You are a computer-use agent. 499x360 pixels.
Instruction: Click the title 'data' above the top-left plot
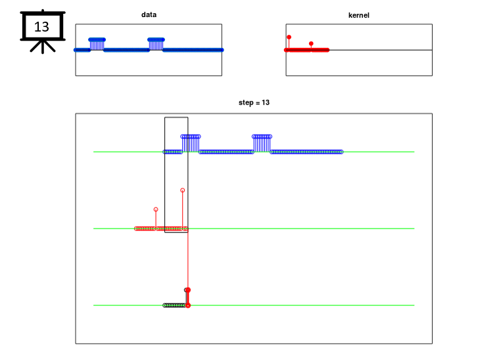point(149,14)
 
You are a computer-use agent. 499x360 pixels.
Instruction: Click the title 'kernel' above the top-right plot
point(359,15)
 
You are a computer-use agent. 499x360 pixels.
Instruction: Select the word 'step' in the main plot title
point(246,102)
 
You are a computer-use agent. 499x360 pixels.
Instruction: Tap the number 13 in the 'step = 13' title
point(266,102)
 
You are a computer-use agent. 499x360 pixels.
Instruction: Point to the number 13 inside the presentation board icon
point(41,27)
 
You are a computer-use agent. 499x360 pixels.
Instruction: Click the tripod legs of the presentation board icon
point(43,47)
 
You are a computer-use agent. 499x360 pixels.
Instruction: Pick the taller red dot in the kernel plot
point(289,37)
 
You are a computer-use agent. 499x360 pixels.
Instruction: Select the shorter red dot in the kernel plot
point(311,43)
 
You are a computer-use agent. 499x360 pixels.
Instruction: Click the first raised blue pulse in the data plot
point(97,44)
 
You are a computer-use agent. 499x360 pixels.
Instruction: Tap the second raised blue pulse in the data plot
point(156,44)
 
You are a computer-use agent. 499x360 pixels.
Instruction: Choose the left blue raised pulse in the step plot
point(191,143)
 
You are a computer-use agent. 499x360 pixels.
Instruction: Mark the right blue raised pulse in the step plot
point(262,143)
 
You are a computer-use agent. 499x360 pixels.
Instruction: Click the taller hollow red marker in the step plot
point(182,190)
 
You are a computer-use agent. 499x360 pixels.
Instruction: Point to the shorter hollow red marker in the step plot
point(156,210)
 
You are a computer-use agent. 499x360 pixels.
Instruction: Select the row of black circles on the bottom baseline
point(174,305)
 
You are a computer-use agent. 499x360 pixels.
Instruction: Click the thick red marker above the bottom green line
point(188,298)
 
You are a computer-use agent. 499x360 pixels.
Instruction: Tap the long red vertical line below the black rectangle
point(188,260)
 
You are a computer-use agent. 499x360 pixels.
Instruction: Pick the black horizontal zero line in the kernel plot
point(381,50)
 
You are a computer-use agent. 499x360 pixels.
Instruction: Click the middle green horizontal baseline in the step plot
point(254,229)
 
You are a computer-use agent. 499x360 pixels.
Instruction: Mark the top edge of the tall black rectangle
point(176,118)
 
